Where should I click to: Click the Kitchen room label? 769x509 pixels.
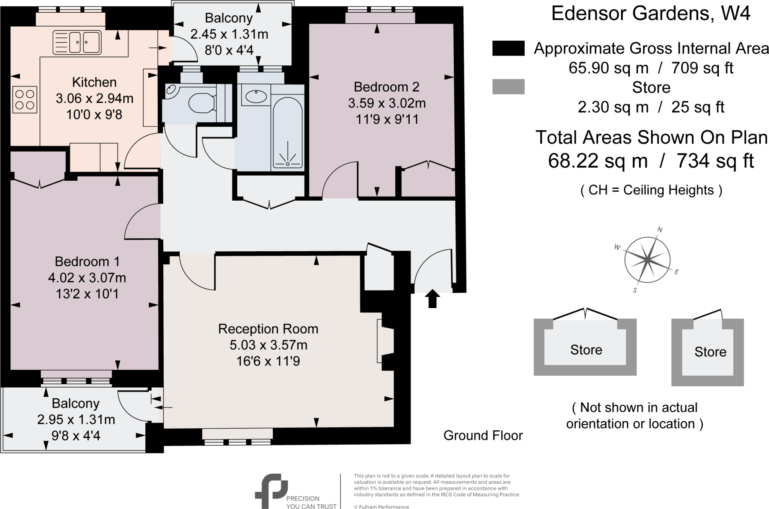(x=94, y=82)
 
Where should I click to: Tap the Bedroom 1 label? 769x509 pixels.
(x=87, y=261)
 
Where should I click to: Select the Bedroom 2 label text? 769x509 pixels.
(x=386, y=87)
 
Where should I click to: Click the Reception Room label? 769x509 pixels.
(x=268, y=329)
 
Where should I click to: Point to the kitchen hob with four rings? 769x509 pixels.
(x=25, y=100)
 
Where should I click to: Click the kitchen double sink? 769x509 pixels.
(x=77, y=42)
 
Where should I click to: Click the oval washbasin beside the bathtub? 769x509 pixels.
(x=256, y=97)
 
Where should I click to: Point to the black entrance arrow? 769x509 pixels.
(x=433, y=299)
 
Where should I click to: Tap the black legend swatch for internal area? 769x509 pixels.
(x=508, y=48)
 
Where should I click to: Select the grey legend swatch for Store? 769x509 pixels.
(x=508, y=86)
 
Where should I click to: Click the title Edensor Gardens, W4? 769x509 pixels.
(x=651, y=14)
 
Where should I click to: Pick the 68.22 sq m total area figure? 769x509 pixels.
(x=598, y=161)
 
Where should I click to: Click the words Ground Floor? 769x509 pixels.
(x=483, y=435)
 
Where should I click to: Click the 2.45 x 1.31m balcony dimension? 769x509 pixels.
(x=229, y=34)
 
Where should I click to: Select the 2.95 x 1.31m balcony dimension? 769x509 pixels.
(x=76, y=419)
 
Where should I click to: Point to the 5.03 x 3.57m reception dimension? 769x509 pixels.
(x=268, y=345)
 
